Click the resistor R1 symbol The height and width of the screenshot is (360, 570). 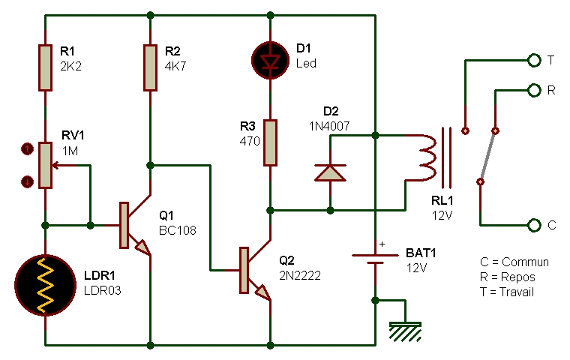[x=46, y=67]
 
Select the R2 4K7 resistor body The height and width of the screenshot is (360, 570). [x=151, y=67]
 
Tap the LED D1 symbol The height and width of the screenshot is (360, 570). [x=270, y=58]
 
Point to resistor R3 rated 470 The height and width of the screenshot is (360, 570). [x=270, y=142]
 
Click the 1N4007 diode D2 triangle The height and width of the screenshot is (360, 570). [x=330, y=172]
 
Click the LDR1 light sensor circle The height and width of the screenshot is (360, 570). [x=46, y=285]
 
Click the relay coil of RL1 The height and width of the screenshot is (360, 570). [x=427, y=157]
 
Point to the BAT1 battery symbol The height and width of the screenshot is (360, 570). [x=375, y=259]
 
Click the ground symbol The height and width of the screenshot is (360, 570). [x=405, y=328]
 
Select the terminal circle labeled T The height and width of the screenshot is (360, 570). [x=533, y=60]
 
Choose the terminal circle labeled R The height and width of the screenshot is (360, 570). [x=533, y=90]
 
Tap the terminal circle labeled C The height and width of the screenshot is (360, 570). [x=533, y=225]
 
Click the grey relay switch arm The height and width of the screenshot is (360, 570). [x=488, y=154]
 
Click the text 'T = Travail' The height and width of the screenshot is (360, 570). [x=507, y=292]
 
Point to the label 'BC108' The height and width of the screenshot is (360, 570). [x=178, y=230]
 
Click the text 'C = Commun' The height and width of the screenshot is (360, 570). [x=514, y=262]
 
